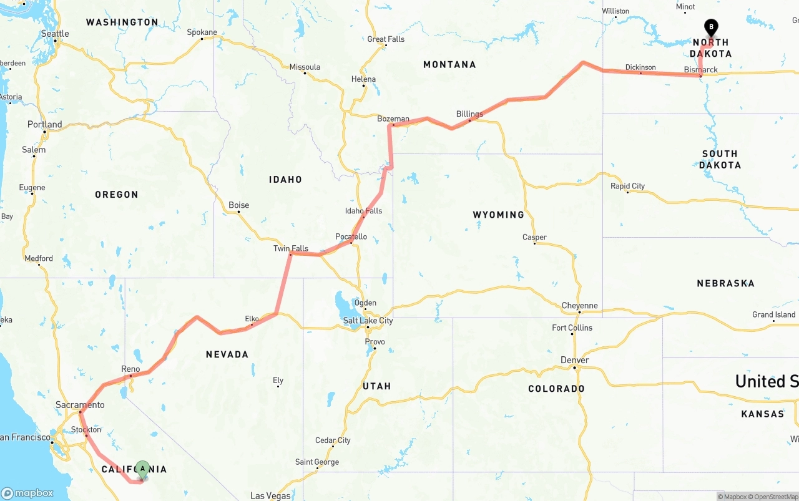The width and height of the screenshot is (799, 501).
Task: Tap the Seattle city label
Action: tap(55, 34)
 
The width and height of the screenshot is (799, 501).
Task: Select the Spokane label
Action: tap(202, 32)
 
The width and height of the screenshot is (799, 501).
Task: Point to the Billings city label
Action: tap(469, 114)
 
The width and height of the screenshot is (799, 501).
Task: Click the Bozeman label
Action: tap(393, 119)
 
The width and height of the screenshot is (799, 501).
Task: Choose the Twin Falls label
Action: tap(291, 248)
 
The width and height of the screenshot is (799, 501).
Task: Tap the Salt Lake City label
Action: tap(368, 321)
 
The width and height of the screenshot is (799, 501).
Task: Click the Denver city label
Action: tap(574, 360)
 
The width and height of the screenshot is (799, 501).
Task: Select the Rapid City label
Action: tap(627, 186)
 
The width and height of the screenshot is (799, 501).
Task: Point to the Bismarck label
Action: tap(700, 70)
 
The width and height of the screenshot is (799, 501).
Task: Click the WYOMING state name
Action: tap(498, 215)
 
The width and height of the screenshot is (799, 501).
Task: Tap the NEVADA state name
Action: tap(227, 354)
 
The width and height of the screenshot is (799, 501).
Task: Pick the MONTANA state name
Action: tap(449, 65)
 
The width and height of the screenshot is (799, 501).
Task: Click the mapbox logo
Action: tap(27, 493)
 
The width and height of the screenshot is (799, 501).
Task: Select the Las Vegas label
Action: tap(270, 496)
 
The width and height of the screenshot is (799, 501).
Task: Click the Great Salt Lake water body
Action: tap(345, 304)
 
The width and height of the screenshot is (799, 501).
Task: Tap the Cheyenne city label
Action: tap(579, 306)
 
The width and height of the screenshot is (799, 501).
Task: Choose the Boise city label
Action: tap(238, 205)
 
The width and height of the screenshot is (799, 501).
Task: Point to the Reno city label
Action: tap(130, 369)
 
